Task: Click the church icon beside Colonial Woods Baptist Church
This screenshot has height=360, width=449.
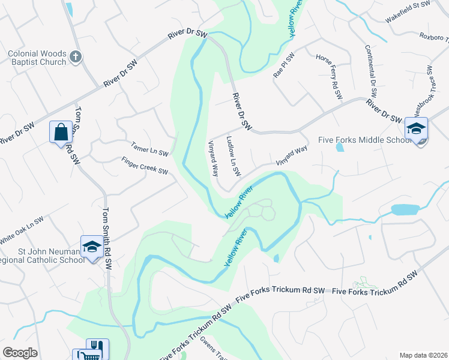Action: click(75, 56)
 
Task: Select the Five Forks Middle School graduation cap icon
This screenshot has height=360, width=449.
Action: click(416, 128)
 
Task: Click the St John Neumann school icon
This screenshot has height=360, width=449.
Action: click(91, 247)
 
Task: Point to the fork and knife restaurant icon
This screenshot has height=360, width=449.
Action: click(97, 347)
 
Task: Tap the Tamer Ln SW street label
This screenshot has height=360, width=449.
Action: click(149, 149)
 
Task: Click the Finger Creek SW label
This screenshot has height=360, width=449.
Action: click(144, 166)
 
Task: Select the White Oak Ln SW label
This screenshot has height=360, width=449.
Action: click(22, 229)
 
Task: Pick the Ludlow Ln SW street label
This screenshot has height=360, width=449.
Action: click(234, 155)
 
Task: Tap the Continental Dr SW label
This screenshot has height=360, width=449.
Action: click(370, 72)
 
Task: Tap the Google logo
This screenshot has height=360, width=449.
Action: click(20, 353)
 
